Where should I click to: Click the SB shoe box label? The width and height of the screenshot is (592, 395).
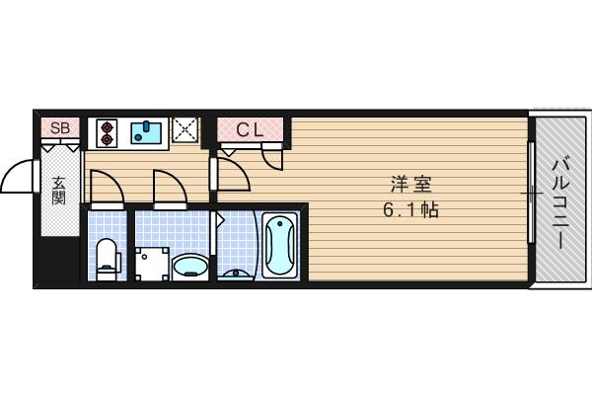click(60, 128)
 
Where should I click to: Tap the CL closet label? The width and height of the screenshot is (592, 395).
click(250, 130)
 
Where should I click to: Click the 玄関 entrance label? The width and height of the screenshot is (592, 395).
click(59, 191)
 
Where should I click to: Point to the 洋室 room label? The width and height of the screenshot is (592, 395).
click(410, 185)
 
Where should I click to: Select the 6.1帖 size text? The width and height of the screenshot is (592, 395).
click(410, 209)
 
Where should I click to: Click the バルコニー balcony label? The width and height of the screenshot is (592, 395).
click(560, 204)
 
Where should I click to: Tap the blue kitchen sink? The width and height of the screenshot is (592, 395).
click(146, 132)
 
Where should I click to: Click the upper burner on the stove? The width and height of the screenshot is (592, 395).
click(107, 126)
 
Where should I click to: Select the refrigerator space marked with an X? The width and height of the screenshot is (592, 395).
click(185, 129)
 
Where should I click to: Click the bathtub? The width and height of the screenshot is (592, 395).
click(280, 245)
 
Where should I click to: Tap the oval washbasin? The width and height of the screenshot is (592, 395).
click(190, 267)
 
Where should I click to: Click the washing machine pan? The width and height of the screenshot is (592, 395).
click(152, 264)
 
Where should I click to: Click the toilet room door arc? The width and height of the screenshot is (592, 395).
click(113, 180)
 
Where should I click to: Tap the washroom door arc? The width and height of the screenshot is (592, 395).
click(177, 180)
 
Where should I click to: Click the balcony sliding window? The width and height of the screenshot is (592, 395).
click(531, 192)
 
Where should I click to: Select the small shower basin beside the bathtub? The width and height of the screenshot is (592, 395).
click(237, 274)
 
